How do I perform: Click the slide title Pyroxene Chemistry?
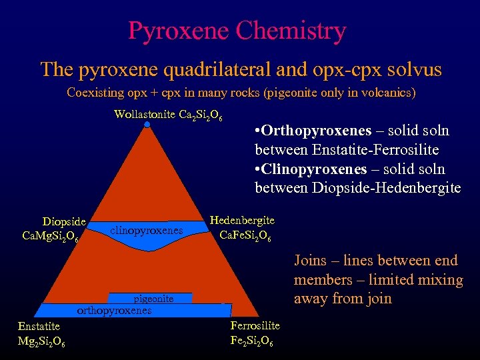click(x=237, y=31)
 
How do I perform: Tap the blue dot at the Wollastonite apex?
click(x=147, y=124)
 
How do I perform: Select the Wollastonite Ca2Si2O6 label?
click(x=168, y=115)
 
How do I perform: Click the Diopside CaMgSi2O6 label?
click(x=55, y=229)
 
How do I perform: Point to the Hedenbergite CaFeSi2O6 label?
click(x=241, y=227)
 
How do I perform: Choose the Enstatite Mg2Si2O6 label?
click(x=41, y=333)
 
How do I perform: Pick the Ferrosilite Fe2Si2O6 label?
click(x=254, y=333)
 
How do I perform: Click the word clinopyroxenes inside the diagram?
click(x=146, y=230)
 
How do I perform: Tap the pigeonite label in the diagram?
click(x=153, y=299)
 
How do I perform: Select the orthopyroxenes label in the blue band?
click(x=115, y=310)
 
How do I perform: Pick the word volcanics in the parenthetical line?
click(x=383, y=93)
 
